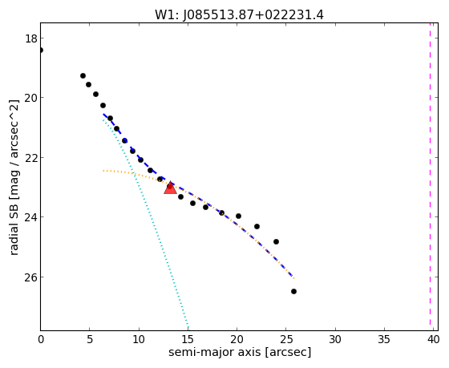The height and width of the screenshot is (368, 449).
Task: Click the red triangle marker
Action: [170, 188]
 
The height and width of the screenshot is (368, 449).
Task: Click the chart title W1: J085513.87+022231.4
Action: [239, 15]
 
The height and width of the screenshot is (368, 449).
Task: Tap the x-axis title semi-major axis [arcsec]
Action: [240, 352]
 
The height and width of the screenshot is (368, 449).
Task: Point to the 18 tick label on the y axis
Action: [30, 38]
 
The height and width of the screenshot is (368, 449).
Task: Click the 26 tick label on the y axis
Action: [30, 277]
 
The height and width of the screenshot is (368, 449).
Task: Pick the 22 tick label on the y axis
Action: [30, 158]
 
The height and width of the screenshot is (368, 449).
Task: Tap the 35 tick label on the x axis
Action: [384, 340]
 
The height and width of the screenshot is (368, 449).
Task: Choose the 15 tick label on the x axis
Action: [188, 340]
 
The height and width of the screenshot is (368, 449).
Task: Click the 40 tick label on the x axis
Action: [433, 340]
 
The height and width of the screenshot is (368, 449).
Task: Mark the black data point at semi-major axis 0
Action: [40, 51]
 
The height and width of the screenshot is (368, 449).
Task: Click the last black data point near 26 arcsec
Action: [293, 291]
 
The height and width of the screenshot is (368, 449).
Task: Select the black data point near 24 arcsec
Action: [276, 241]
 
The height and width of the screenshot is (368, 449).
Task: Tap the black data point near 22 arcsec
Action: [257, 227]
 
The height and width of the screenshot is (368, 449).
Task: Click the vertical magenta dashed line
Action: [430, 174]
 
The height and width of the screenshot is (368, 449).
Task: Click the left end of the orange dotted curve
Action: [103, 171]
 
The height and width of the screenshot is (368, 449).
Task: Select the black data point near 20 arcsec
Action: [238, 216]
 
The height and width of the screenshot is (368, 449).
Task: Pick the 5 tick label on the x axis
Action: [90, 340]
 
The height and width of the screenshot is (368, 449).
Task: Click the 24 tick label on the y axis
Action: [30, 217]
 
